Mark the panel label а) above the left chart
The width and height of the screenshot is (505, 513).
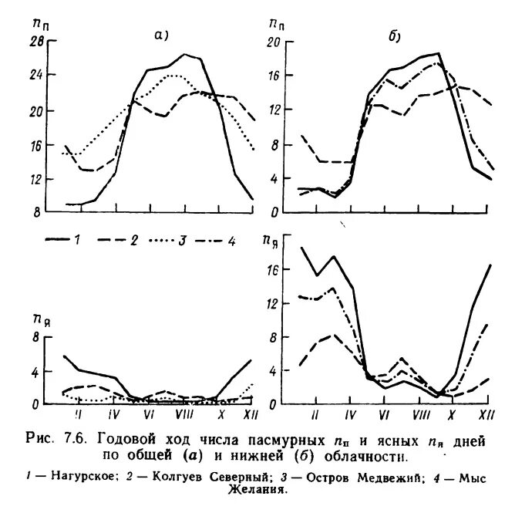[x=162, y=34]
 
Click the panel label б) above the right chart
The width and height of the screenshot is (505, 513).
[x=392, y=34]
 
